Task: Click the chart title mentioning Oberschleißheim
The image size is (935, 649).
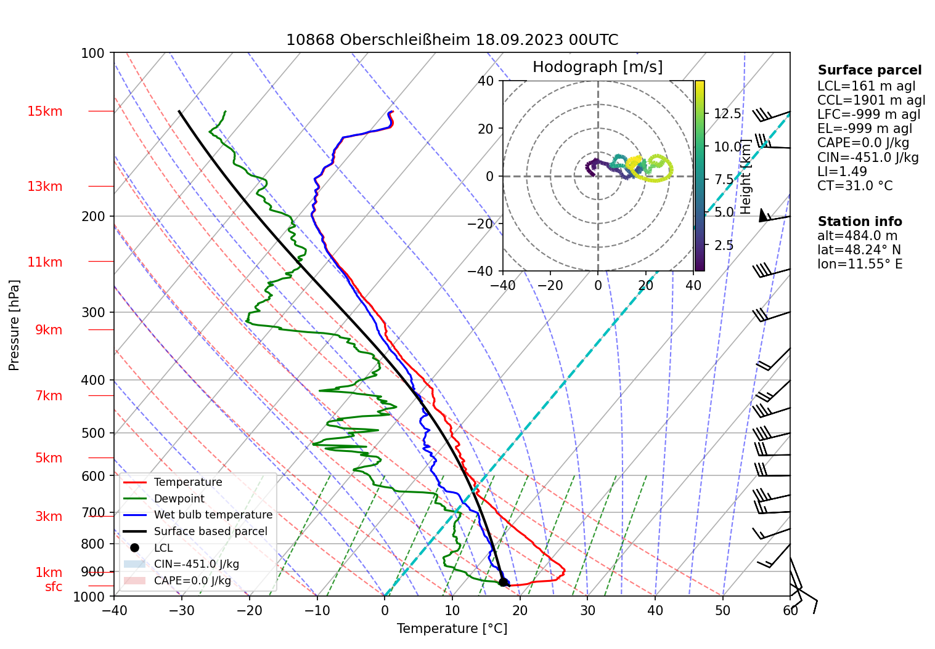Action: click(452, 40)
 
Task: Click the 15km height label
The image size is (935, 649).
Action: click(44, 111)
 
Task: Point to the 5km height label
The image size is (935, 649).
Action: click(49, 458)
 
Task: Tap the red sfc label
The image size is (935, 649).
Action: click(54, 587)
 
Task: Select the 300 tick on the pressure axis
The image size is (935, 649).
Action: click(93, 313)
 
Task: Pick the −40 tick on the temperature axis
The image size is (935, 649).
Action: click(114, 611)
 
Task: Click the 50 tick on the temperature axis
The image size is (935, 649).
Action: click(722, 611)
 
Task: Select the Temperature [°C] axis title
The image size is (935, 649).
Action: click(452, 629)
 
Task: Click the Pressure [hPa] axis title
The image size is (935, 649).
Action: click(14, 325)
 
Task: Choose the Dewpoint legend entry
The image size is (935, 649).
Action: click(179, 499)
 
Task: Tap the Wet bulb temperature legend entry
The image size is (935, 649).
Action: click(213, 515)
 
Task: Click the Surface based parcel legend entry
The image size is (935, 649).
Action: click(210, 531)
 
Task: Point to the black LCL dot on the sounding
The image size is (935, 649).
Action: click(503, 582)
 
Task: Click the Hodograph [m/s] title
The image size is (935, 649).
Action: click(597, 67)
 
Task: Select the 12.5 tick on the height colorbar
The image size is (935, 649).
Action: click(727, 114)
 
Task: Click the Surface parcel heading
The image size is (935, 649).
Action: click(869, 70)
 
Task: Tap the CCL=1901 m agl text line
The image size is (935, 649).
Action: click(871, 100)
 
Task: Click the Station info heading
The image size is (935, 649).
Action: click(859, 222)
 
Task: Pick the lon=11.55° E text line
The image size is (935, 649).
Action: click(859, 264)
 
